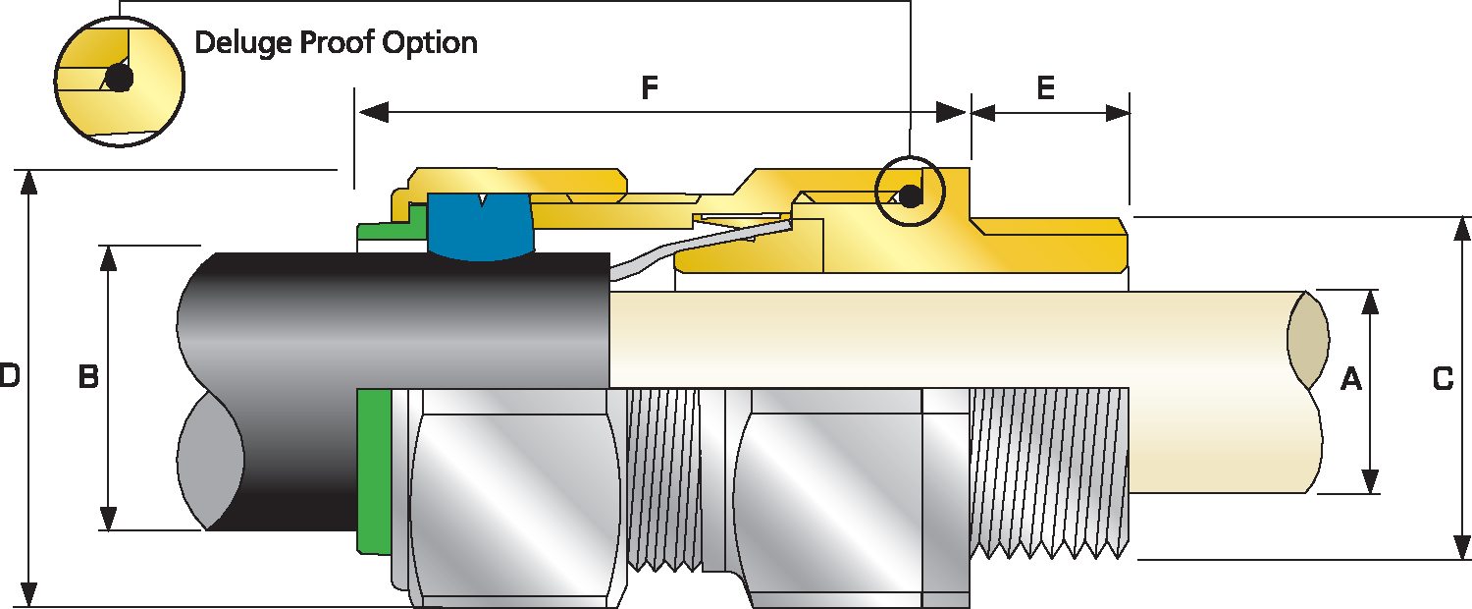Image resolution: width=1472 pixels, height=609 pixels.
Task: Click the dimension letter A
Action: pyautogui.click(x=1351, y=378)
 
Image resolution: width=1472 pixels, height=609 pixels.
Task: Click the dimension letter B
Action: pyautogui.click(x=88, y=377)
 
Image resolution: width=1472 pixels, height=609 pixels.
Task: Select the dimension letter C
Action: pyautogui.click(x=1443, y=378)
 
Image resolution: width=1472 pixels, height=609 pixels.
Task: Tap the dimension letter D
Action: pyautogui.click(x=9, y=375)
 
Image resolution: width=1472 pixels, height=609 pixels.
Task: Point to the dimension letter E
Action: pyautogui.click(x=1045, y=88)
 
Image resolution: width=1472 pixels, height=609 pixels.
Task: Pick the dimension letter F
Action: pyautogui.click(x=649, y=88)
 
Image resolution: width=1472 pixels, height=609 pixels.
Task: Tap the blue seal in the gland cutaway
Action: pyautogui.click(x=480, y=228)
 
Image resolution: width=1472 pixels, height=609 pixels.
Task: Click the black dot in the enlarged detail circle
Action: pyautogui.click(x=119, y=80)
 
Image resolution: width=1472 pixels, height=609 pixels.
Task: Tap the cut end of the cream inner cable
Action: pyautogui.click(x=1307, y=339)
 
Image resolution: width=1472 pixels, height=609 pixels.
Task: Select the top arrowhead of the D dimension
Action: pyautogui.click(x=30, y=181)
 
